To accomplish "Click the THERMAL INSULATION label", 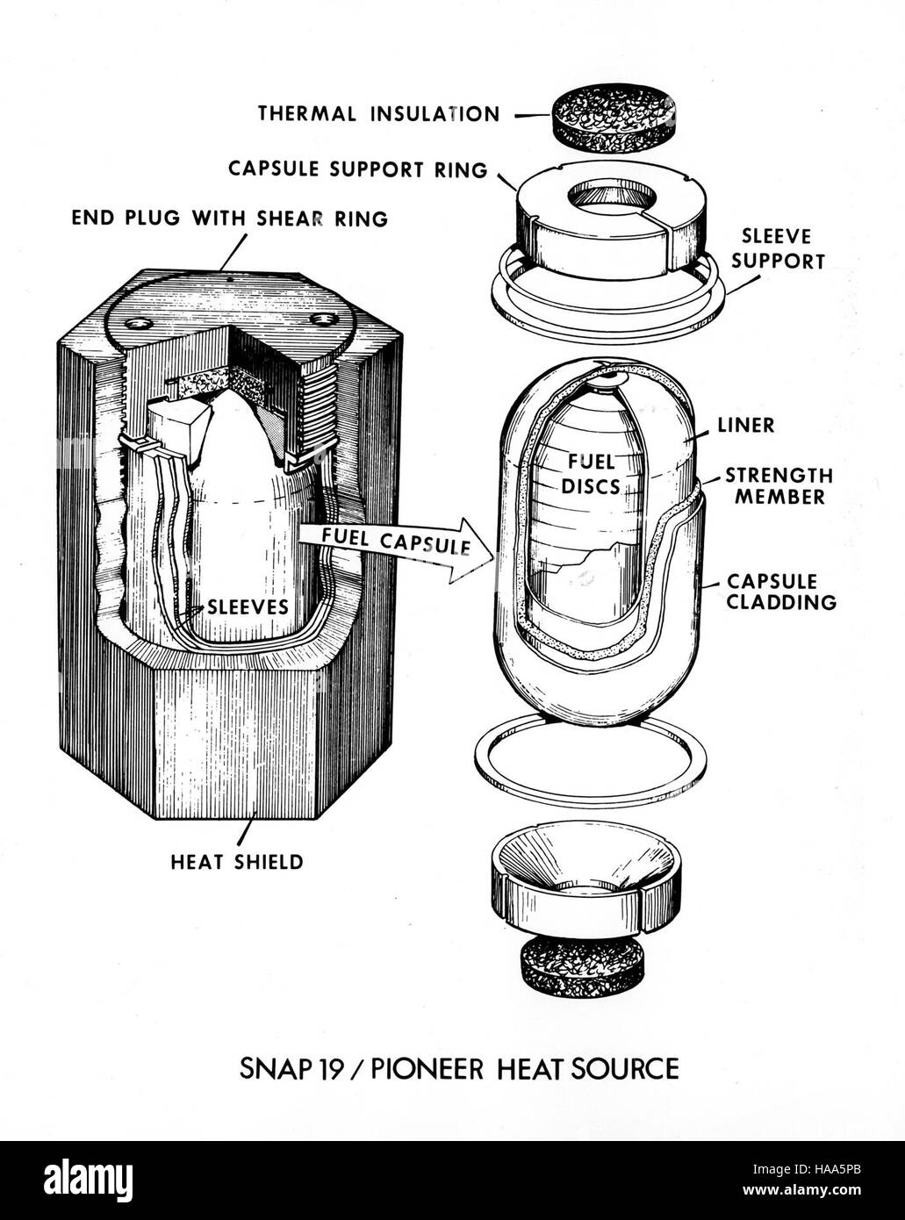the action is (379, 114).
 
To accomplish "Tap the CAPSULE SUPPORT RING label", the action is (358, 169).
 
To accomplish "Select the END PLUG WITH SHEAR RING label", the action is (230, 219).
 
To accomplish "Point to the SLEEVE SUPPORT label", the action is (778, 248).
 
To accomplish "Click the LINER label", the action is (746, 425).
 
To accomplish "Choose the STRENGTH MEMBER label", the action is (779, 486).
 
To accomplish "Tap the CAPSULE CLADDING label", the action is (781, 592).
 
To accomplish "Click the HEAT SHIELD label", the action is (237, 862).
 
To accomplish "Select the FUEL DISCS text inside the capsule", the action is (592, 475).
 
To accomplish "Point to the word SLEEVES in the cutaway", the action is (248, 606).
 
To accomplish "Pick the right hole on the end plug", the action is (322, 320).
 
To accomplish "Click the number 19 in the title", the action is (328, 1068).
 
